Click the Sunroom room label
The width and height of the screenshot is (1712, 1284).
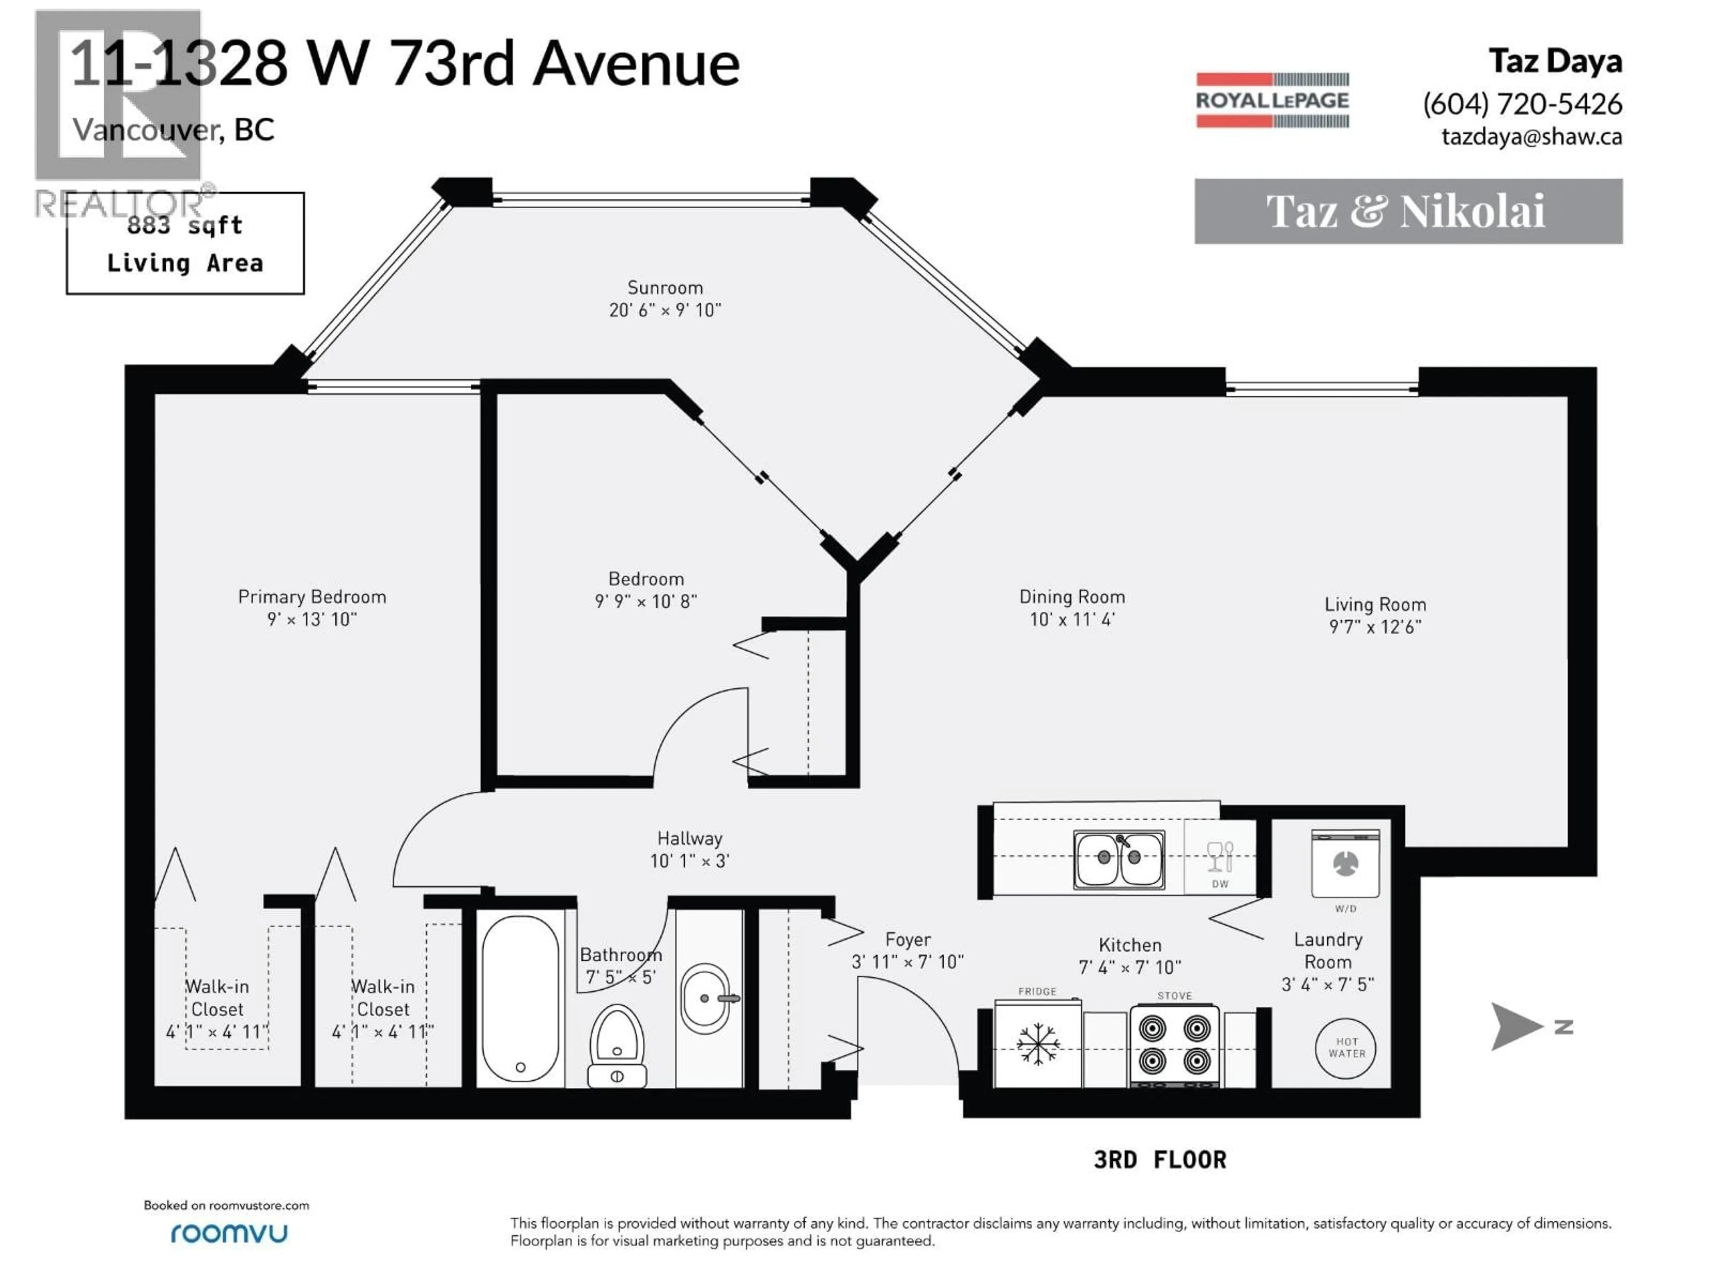665,288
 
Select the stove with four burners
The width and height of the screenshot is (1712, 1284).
1174,1045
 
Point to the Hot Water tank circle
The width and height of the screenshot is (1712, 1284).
1346,1048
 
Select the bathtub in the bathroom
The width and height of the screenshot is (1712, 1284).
520,998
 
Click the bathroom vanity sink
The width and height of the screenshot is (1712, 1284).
705,998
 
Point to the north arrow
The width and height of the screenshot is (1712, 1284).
1515,1026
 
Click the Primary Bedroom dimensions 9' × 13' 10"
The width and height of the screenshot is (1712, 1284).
312,619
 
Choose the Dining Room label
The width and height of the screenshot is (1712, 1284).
1071,597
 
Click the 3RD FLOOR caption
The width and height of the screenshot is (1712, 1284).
1160,1160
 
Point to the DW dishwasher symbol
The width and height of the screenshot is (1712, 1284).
1220,864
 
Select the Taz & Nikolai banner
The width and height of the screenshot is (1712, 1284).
1408,211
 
